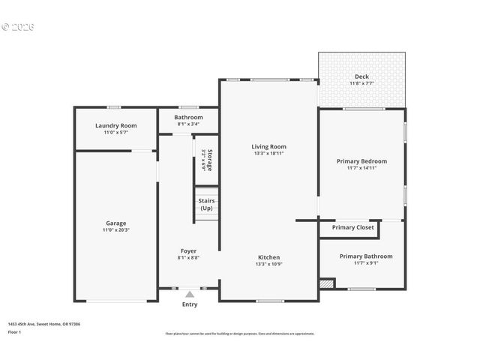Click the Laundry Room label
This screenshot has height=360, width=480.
[116, 125]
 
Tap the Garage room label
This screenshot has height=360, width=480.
[116, 223]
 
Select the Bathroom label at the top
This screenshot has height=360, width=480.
[188, 117]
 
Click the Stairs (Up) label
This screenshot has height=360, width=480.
[207, 204]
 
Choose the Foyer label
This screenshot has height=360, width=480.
[188, 250]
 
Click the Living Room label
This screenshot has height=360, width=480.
[268, 146]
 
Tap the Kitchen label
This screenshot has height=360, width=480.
[268, 257]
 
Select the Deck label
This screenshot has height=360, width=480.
[361, 76]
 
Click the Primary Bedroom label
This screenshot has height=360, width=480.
[361, 161]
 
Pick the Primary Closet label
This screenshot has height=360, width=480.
[352, 227]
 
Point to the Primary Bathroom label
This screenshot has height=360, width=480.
[365, 256]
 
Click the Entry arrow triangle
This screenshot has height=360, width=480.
[190, 295]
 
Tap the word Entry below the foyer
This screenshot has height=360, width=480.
[190, 304]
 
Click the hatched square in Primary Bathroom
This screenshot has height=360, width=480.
[325, 284]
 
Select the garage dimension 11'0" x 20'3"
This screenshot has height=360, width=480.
[116, 229]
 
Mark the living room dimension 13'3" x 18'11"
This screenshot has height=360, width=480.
[268, 153]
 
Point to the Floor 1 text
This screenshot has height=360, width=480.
[15, 331]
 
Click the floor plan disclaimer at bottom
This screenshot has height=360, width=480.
[240, 334]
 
